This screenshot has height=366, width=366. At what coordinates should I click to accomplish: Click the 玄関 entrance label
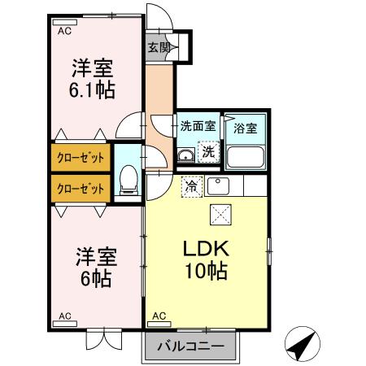(x=159, y=48)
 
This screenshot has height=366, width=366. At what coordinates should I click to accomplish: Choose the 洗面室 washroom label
(x=198, y=127)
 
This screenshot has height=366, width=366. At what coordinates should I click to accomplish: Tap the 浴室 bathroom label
(x=245, y=128)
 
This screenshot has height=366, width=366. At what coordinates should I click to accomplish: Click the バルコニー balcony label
(x=192, y=346)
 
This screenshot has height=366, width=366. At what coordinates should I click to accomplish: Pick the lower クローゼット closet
(x=80, y=188)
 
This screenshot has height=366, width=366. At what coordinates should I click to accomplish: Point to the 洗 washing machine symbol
(x=209, y=151)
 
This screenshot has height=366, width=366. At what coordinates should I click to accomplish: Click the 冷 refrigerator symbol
(x=190, y=185)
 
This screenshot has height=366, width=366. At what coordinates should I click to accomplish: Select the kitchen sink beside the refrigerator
(x=218, y=186)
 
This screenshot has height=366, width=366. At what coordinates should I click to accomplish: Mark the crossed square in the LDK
(x=221, y=216)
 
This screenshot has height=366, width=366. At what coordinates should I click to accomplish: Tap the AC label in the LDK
(x=159, y=315)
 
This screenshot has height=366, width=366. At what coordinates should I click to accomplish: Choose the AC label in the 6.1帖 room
(x=64, y=30)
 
